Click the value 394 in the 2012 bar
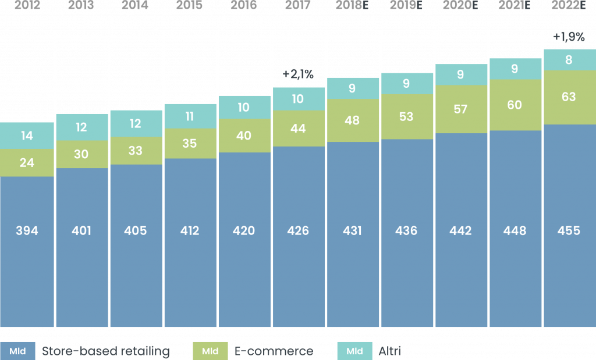pos(27,231)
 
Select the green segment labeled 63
pos(569,97)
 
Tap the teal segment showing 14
pos(27,136)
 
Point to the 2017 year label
pos(298,5)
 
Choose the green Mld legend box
pos(210,351)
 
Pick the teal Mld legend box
pos(354,351)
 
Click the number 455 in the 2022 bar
pos(569,231)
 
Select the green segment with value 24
pos(27,163)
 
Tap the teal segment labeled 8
pos(569,59)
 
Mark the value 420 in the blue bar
pos(244,231)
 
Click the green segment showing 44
pos(298,129)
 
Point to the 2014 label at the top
pos(135,5)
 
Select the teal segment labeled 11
pos(190,116)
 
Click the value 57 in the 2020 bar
pos(460,109)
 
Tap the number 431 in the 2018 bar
pos(352,231)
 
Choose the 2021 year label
pos(515,5)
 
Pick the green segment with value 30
pos(81,154)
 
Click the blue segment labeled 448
pos(515,231)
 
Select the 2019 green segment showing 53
pos(406,116)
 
